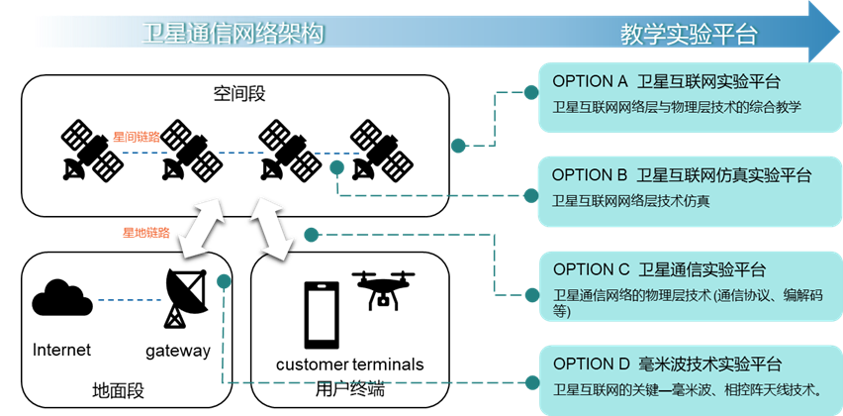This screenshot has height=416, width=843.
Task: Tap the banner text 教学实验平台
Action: click(x=689, y=35)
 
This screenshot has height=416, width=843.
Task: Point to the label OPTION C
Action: click(x=592, y=269)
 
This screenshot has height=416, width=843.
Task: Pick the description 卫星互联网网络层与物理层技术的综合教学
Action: click(x=676, y=107)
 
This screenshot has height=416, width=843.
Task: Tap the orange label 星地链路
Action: click(x=145, y=233)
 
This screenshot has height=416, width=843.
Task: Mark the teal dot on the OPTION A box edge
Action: click(x=531, y=92)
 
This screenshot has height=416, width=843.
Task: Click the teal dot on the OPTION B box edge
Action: click(x=531, y=186)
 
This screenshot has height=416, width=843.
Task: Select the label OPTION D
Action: click(x=592, y=364)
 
